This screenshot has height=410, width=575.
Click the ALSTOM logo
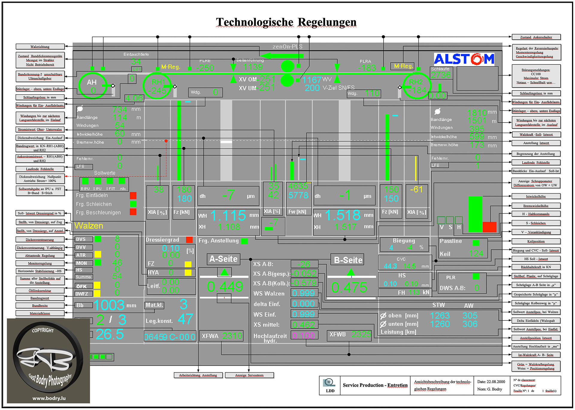[x=464, y=59]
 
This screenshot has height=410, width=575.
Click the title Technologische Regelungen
[x=286, y=22]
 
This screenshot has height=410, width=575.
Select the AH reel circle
[x=93, y=86]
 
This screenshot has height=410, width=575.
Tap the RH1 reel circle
[x=157, y=86]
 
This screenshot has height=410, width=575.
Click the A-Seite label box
[x=223, y=259]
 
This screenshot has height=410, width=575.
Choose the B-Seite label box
[x=348, y=260]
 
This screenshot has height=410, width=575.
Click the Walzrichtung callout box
[x=40, y=47]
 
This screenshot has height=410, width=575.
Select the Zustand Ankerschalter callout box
[x=536, y=37]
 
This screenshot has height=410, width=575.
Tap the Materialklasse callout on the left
[x=40, y=313]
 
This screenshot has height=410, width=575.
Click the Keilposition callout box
[x=536, y=241]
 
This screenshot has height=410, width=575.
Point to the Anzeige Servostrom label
[x=249, y=375]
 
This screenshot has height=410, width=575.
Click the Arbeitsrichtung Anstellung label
[x=198, y=375]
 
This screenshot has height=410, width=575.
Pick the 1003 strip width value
[x=109, y=305]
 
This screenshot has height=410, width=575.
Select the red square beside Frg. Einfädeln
[x=133, y=196]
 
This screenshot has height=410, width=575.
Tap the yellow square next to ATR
[x=98, y=255]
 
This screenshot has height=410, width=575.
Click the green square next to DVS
[x=98, y=239]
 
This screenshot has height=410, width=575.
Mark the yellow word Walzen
[x=89, y=226]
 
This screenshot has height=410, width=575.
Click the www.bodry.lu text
[x=49, y=398]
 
